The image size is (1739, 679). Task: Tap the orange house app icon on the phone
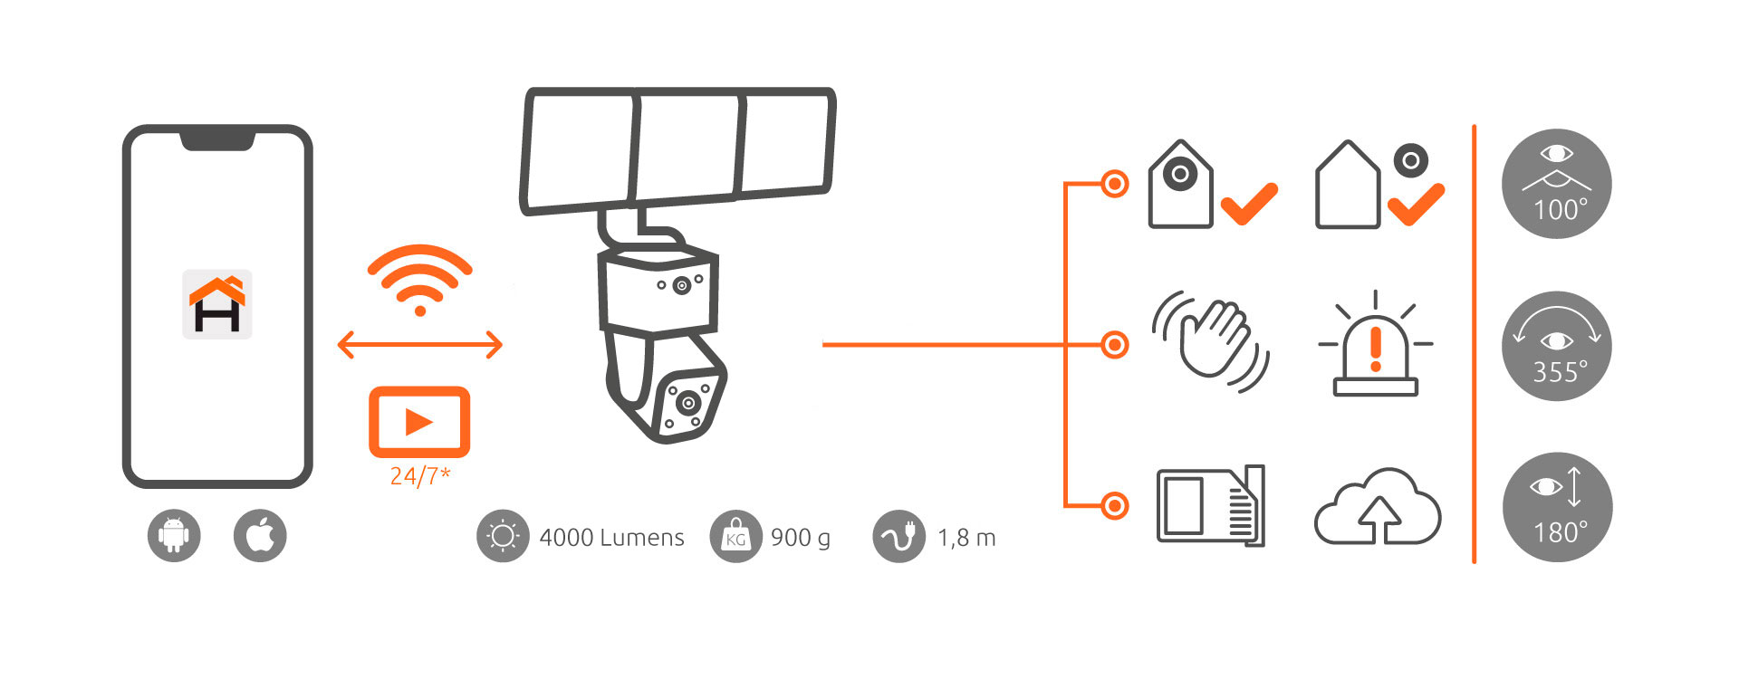pos(217,304)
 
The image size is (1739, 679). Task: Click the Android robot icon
pos(174,535)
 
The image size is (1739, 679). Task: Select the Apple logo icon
pos(260,535)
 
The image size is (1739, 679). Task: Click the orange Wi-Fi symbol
pos(419,279)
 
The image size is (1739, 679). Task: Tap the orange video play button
pos(419,422)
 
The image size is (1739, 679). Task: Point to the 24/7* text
pos(420,476)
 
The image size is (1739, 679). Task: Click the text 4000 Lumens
pos(611,538)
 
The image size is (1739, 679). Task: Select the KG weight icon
pos(735,537)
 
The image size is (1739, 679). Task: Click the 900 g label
pos(800,538)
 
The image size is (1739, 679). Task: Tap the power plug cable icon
pos(898,537)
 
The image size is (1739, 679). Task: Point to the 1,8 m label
pos(966,538)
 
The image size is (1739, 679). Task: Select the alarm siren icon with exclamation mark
pos(1375,346)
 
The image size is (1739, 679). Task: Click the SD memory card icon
pos(1211,505)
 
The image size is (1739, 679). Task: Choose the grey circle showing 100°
pos(1556,184)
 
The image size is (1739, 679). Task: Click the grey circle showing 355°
pos(1556,346)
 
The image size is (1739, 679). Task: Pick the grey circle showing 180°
pos(1556,507)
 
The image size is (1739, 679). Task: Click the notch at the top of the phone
pos(217,140)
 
